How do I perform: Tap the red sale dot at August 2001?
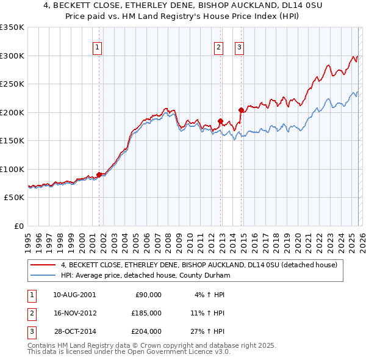click(99, 175)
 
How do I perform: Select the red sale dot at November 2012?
click(221, 121)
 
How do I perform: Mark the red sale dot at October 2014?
click(242, 110)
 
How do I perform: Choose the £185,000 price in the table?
click(146, 312)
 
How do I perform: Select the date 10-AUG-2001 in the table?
click(74, 294)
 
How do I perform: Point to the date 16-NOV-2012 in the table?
click(74, 312)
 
